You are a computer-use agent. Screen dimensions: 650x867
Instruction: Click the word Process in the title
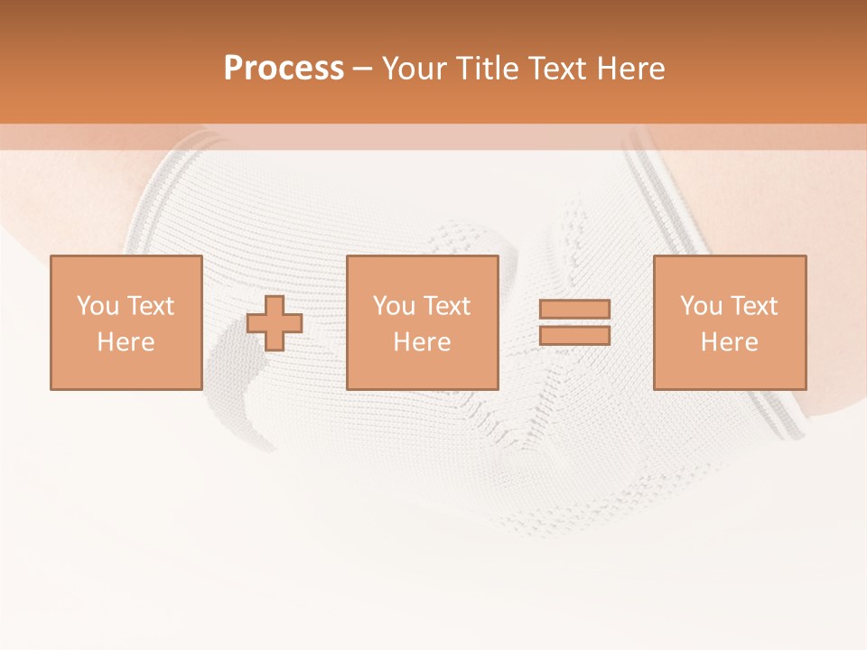284,69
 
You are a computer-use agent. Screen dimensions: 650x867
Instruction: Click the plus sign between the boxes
275,323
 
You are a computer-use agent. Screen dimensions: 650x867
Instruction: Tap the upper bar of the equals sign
574,310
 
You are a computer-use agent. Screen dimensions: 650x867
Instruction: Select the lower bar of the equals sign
574,336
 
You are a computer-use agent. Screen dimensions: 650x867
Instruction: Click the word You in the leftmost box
97,306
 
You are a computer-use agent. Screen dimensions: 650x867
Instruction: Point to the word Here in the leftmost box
126,342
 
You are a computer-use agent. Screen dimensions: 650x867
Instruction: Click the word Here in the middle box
422,342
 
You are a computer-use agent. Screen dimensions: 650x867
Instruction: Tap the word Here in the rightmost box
729,342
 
